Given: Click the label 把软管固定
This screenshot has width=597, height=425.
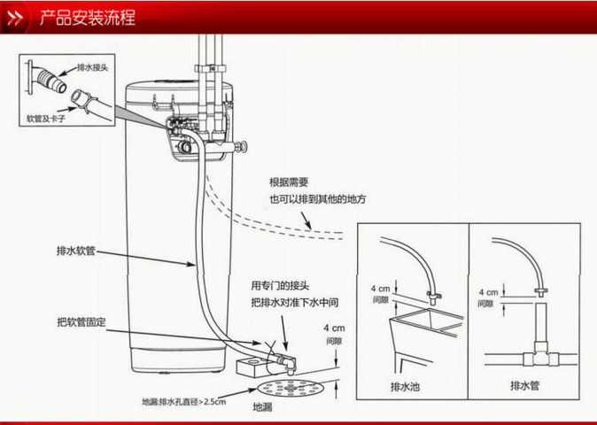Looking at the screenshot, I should [81, 321].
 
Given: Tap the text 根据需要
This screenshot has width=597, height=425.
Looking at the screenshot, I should [289, 182].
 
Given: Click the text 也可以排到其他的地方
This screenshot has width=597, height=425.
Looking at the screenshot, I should [317, 198].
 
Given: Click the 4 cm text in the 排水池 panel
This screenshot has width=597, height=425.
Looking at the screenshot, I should [379, 290].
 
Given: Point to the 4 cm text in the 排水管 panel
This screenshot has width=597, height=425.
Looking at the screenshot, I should [487, 291].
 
